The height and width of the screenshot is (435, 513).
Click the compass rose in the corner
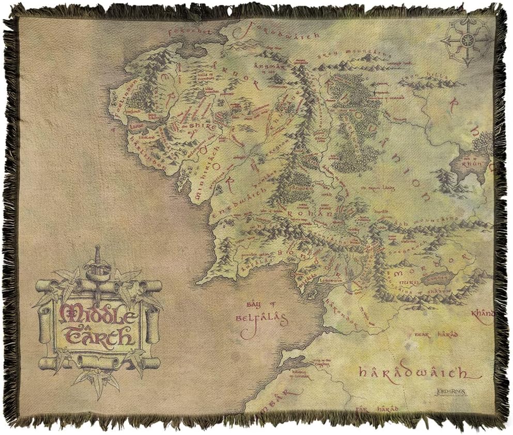point(468,41)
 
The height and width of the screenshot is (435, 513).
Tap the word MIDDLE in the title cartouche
point(98,313)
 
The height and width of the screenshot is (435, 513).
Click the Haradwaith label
point(413,372)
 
